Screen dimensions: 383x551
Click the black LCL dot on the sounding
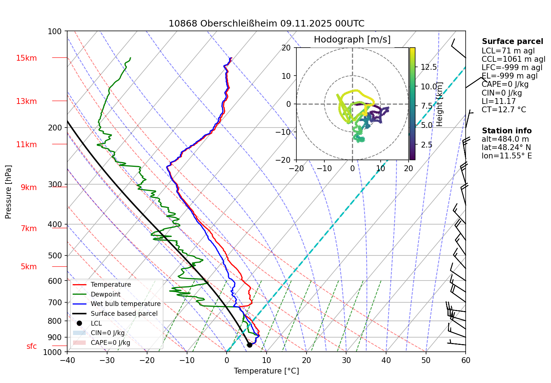tap(250, 345)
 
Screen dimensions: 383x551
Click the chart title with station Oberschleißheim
tap(266, 24)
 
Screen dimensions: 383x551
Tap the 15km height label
tap(26, 58)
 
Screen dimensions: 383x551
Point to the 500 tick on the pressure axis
tap(55, 255)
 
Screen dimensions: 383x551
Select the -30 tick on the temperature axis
tap(107, 360)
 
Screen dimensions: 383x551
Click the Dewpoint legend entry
tap(105, 294)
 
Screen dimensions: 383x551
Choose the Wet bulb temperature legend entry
tap(125, 304)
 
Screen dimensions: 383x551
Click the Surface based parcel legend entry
tap(124, 314)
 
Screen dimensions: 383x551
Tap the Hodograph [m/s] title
tap(352, 40)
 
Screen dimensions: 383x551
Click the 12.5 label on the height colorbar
tap(429, 67)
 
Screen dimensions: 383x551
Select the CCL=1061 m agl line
tap(513, 59)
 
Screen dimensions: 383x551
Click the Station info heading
tap(506, 131)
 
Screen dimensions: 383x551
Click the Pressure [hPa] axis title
tap(8, 192)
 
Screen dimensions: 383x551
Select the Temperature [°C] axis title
tap(266, 371)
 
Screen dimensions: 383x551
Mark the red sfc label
tap(32, 346)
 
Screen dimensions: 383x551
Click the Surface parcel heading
tap(512, 41)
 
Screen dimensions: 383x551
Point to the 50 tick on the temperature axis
tap(426, 360)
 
